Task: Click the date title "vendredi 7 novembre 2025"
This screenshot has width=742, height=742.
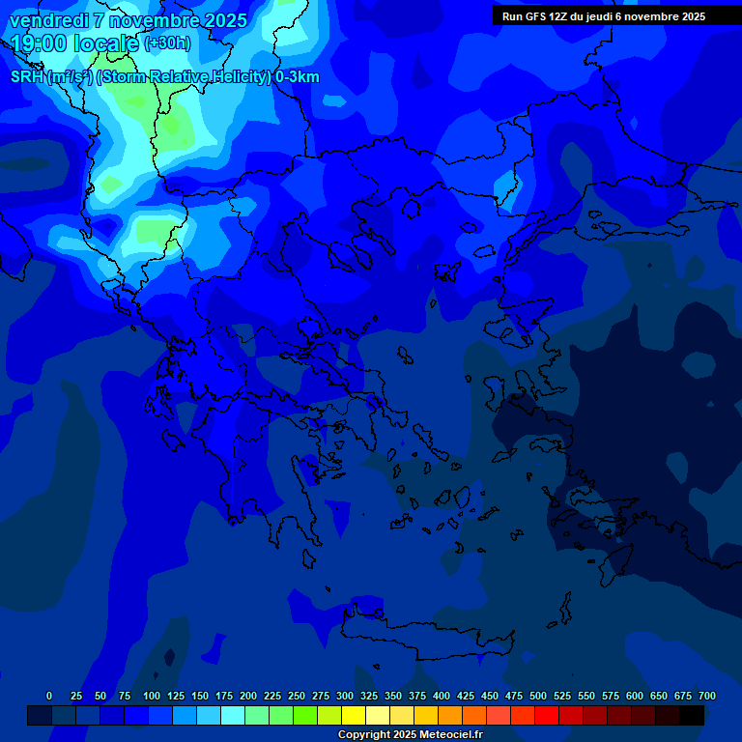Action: [x=128, y=20]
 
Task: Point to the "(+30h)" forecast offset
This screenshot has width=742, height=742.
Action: [x=167, y=43]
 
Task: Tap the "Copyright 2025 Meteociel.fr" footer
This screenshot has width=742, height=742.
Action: [x=411, y=735]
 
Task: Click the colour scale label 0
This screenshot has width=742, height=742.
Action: [x=49, y=696]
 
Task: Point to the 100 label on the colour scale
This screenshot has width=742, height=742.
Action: [x=152, y=696]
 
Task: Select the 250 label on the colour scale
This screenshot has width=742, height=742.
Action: [x=297, y=696]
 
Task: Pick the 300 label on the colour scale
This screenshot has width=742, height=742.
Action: [x=345, y=696]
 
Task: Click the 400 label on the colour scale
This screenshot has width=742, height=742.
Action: [x=442, y=696]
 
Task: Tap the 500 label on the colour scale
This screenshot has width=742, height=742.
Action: [x=538, y=696]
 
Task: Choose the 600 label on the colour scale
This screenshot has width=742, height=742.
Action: [x=635, y=696]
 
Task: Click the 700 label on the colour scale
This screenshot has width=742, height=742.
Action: [x=707, y=696]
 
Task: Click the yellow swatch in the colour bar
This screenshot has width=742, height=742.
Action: [x=354, y=715]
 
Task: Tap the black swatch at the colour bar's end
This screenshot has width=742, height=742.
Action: [x=692, y=715]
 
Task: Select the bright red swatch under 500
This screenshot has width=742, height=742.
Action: [x=547, y=715]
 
